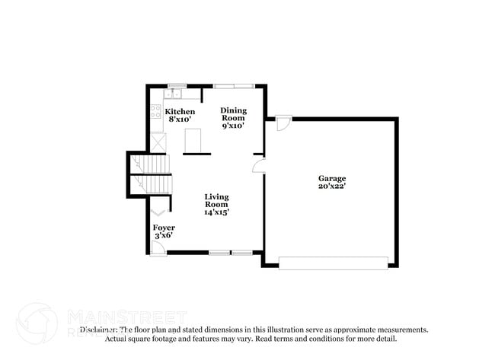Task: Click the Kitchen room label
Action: (x=180, y=111)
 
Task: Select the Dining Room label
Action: (x=234, y=114)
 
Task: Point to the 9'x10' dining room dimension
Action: (x=234, y=126)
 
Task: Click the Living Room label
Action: (x=216, y=201)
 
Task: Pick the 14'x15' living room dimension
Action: (x=216, y=212)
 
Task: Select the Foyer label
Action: (x=164, y=228)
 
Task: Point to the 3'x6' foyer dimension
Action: (x=164, y=236)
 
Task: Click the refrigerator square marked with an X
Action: (x=158, y=142)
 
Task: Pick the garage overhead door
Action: (x=334, y=263)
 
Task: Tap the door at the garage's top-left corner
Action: (x=283, y=122)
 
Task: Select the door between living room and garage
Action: (x=259, y=164)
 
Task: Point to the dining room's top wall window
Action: (x=234, y=84)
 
